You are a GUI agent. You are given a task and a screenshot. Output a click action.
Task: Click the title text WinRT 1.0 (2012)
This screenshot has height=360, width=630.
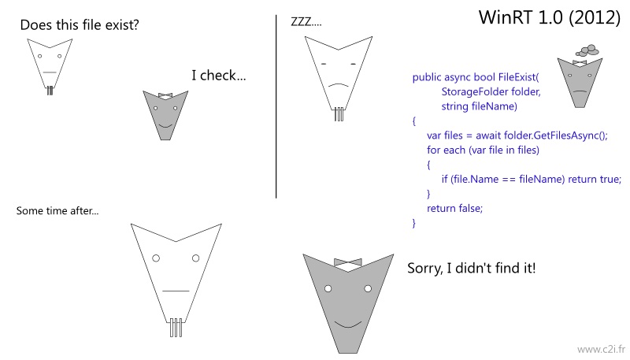[550, 17]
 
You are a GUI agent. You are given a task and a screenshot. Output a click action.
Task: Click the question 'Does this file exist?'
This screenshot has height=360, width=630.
[80, 25]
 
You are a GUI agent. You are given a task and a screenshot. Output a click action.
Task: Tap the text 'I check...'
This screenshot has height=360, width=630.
[219, 75]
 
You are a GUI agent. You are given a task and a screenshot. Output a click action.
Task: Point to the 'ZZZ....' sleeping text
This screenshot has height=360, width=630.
[306, 22]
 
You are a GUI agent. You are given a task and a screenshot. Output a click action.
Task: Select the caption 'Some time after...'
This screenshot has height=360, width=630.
[57, 210]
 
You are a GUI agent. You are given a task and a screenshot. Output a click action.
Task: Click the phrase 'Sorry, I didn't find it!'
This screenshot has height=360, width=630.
[472, 268]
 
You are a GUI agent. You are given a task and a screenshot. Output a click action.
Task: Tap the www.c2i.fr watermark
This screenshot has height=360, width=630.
[602, 349]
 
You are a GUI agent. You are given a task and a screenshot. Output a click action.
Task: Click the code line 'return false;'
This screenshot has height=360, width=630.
[455, 208]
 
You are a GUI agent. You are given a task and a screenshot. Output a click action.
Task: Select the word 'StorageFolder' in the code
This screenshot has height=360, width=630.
[469, 91]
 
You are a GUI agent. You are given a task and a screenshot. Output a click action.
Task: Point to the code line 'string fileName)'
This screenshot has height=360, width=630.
[480, 106]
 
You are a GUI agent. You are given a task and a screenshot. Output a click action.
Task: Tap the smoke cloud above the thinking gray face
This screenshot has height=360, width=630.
[587, 50]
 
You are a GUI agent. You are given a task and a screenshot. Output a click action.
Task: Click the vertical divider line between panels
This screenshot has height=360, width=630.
[276, 106]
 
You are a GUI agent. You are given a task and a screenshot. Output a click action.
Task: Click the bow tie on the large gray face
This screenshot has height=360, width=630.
[348, 262]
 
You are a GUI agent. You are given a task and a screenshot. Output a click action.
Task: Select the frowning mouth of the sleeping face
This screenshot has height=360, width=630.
[339, 85]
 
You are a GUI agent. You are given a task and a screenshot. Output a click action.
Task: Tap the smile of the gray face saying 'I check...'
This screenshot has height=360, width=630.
[165, 126]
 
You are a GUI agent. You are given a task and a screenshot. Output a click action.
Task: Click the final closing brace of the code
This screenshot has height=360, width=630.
[414, 224]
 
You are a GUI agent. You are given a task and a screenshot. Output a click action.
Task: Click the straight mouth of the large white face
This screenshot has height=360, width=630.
[176, 291]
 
